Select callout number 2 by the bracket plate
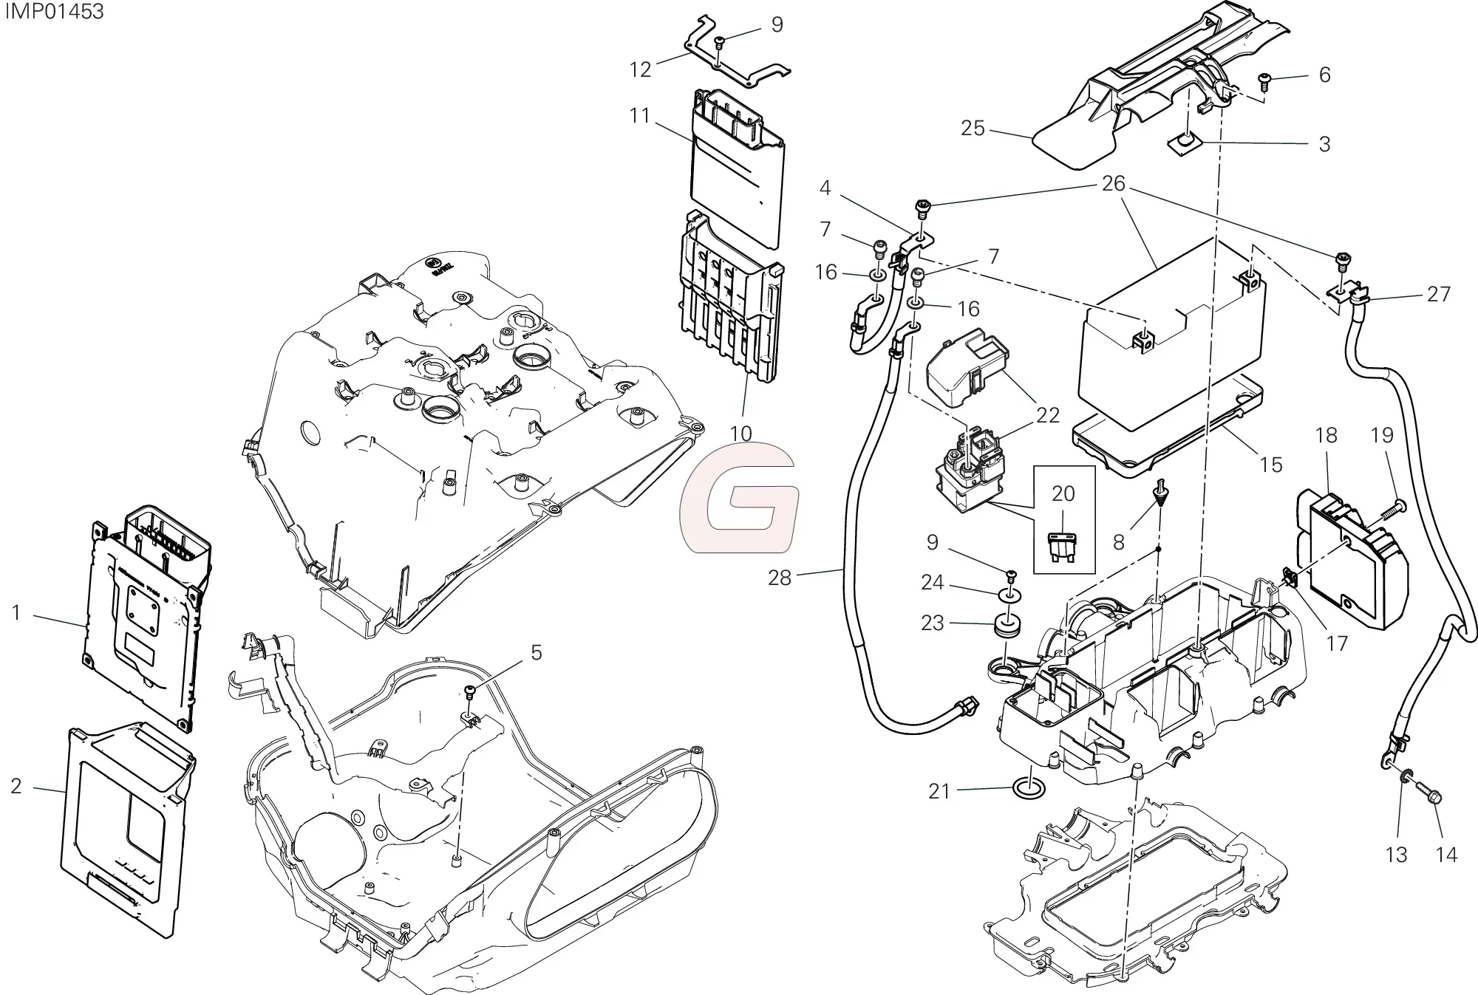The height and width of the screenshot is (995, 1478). click(16, 786)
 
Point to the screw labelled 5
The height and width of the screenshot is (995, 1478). click(469, 691)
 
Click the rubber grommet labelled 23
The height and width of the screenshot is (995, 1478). click(1008, 627)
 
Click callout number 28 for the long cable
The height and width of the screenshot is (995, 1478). click(779, 578)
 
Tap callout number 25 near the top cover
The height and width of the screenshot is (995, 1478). click(973, 129)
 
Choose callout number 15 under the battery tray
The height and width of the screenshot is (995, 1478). click(1270, 465)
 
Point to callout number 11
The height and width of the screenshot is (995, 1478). click(639, 116)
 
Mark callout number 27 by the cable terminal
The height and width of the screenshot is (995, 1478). click(1438, 294)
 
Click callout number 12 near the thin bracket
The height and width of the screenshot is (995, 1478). click(640, 69)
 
